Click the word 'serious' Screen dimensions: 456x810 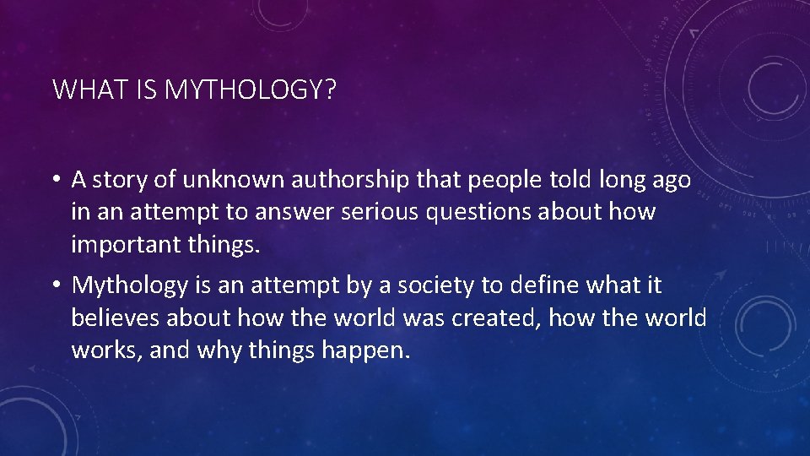tap(380, 212)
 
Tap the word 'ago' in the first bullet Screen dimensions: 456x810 tap(672, 181)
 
